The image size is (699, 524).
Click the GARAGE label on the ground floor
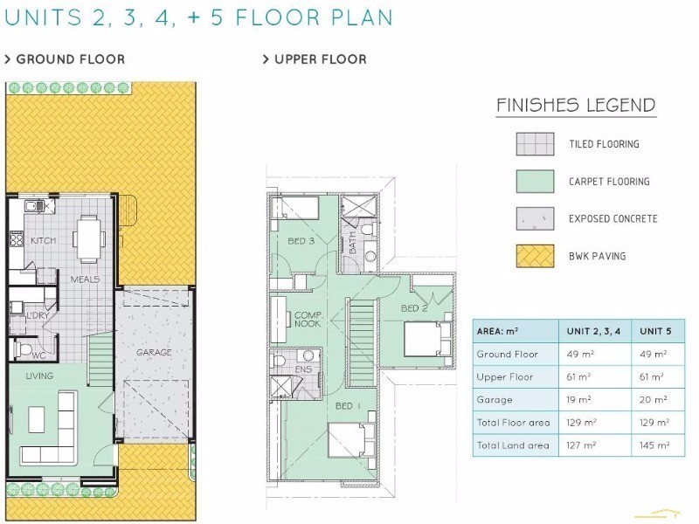pos(154,353)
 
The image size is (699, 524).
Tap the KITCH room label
pos(43,241)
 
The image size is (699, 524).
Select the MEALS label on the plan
pos(85,279)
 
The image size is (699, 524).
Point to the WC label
pos(38,355)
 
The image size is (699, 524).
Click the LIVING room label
pos(39,376)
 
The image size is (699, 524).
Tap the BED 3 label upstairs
pos(301,241)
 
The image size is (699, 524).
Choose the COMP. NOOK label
pos(308,320)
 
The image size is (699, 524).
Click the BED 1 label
pos(348,406)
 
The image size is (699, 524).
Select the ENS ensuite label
pos(303,369)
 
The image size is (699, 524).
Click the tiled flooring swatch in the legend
pos(535,144)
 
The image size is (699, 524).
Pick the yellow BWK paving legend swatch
pos(535,256)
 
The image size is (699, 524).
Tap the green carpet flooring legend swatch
pos(535,182)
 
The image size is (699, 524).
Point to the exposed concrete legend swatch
pos(535,219)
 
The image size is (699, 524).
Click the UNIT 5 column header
pos(655,331)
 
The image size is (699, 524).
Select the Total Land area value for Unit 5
pos(654,445)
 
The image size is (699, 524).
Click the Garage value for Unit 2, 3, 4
pos(578,400)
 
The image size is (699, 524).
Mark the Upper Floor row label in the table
pos(505,377)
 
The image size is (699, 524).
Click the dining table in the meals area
pos(89,238)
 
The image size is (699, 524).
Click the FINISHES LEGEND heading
pos(576,105)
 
